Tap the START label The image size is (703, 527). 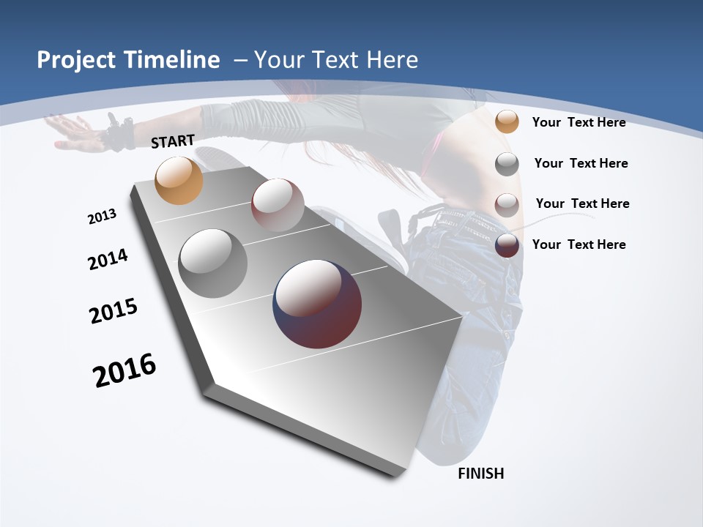[x=173, y=141]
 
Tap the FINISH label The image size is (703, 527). [x=481, y=474]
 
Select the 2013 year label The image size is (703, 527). [x=102, y=217]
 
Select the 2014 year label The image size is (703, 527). [x=108, y=259]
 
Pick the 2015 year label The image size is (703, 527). [x=114, y=310]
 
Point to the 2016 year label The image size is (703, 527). [x=124, y=370]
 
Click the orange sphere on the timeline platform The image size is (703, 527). [x=179, y=180]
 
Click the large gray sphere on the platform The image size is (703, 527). [x=213, y=263]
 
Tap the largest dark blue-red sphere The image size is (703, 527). [x=317, y=304]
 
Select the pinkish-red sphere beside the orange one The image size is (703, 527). [x=278, y=205]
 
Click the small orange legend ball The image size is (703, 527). [x=507, y=122]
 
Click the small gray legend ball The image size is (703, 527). [x=507, y=164]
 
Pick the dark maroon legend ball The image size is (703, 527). [x=507, y=245]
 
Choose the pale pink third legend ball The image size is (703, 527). [x=507, y=204]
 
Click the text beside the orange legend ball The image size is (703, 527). [x=579, y=122]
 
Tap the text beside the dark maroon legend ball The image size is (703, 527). [x=579, y=244]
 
